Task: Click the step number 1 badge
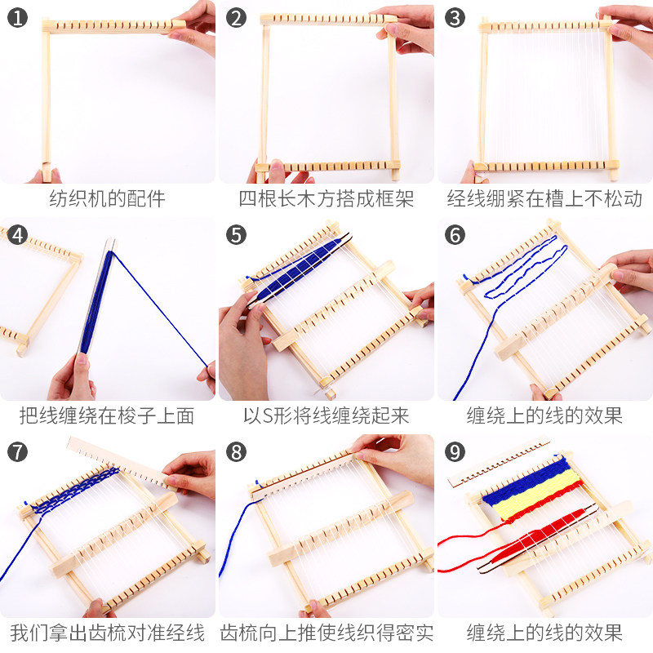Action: pyautogui.click(x=17, y=18)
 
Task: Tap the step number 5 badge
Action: pyautogui.click(x=236, y=235)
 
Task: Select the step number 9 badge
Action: pyautogui.click(x=455, y=452)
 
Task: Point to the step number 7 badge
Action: pyautogui.click(x=17, y=452)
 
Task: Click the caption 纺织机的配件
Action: pyautogui.click(x=108, y=198)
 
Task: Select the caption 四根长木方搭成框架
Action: pyautogui.click(x=326, y=198)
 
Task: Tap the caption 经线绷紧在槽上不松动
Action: pyautogui.click(x=544, y=198)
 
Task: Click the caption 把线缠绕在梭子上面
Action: pyautogui.click(x=107, y=415)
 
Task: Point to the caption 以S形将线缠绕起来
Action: pyautogui.click(x=326, y=415)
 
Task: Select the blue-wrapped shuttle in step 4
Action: pyautogui.click(x=97, y=300)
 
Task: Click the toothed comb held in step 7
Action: pyautogui.click(x=122, y=461)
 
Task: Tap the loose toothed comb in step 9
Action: pyautogui.click(x=499, y=461)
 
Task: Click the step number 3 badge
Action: pyautogui.click(x=455, y=18)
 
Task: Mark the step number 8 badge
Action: pyautogui.click(x=236, y=452)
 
